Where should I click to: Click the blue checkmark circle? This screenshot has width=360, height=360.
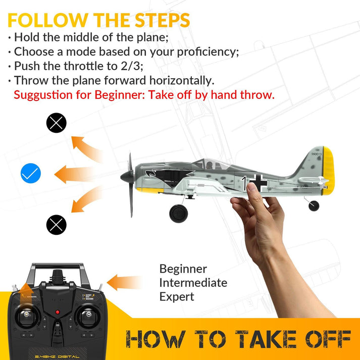pos(31,174)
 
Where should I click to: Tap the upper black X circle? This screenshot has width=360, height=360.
pos(57,123)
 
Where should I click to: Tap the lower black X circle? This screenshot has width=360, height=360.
pos(57,224)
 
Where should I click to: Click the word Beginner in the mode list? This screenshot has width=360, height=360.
pos(183,269)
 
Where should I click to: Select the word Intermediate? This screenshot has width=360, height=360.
pos(193,283)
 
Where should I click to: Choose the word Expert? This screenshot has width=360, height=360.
pos(176,296)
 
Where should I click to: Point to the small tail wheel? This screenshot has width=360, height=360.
pos(314,206)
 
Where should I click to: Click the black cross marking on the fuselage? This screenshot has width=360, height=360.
pos(255,183)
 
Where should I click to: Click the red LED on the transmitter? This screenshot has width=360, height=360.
pos(58,313)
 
